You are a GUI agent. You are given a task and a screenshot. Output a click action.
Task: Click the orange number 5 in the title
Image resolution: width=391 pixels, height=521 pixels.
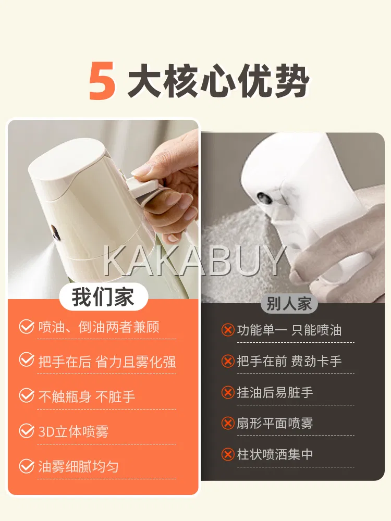tap(102, 81)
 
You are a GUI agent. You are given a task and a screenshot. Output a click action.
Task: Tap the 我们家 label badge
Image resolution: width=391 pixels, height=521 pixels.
tap(103, 297)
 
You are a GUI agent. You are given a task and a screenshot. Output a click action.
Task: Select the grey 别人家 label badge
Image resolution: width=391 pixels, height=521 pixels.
tap(288, 303)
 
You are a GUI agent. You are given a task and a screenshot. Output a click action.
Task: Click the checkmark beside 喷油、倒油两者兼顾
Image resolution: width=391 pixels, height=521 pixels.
tap(27, 327)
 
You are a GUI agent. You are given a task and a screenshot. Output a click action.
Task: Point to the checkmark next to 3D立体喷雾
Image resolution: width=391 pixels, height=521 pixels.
tap(27, 431)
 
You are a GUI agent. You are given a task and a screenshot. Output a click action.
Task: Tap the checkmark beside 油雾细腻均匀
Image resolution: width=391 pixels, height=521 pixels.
tap(27, 466)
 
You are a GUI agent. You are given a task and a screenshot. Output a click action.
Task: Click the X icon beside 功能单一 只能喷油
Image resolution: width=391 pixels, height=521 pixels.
tap(228, 330)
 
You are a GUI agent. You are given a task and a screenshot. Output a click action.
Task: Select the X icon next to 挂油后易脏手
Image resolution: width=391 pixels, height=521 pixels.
tap(228, 392)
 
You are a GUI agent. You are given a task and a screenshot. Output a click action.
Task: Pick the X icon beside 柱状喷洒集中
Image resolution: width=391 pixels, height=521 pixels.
tap(228, 454)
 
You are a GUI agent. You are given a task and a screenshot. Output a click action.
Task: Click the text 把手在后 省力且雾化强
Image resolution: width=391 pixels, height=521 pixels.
tap(107, 362)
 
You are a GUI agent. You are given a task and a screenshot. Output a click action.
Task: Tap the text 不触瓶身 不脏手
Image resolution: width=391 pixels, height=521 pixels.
tap(87, 396)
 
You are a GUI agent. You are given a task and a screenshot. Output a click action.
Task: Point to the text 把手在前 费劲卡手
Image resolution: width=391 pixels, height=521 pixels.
tap(289, 361)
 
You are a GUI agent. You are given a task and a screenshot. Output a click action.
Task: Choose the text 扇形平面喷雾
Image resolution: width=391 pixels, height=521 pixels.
tap(275, 423)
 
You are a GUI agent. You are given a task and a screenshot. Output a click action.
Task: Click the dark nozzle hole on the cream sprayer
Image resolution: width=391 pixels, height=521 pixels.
tap(54, 232)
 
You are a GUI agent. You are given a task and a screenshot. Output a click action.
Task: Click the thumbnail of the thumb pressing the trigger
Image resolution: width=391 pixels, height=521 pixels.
tap(140, 170)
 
